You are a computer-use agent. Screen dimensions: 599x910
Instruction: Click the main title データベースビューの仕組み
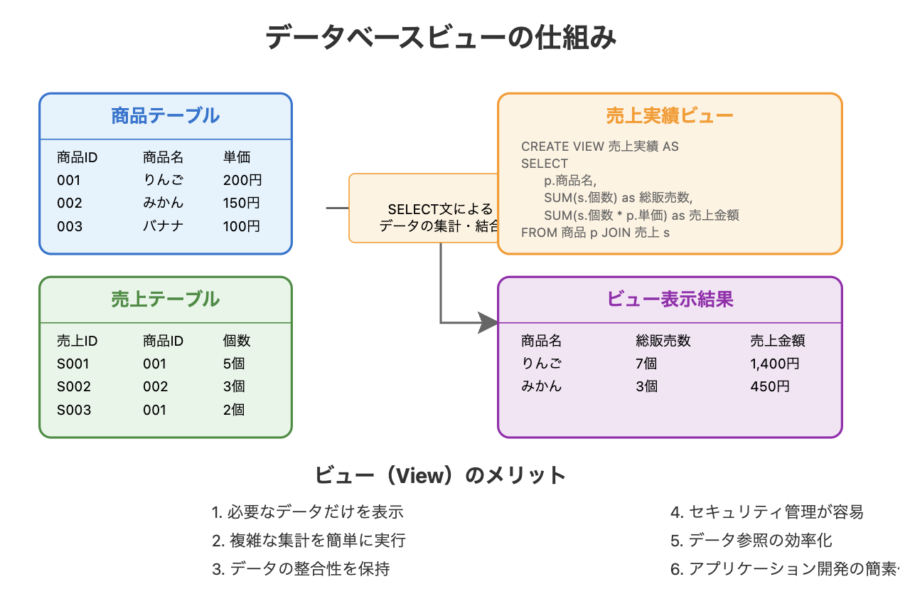coord(441,37)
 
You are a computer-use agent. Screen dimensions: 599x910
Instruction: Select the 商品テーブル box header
coord(165,115)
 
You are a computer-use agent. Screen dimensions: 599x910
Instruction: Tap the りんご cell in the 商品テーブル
coord(163,180)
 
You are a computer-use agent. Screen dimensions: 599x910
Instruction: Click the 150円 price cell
coord(242,203)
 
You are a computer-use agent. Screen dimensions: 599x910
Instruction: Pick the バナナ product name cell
coord(163,226)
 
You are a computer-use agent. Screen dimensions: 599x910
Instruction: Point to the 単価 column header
coord(237,157)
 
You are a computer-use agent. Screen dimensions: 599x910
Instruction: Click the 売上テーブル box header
coord(165,299)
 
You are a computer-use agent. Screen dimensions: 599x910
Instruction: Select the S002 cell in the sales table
coord(74,386)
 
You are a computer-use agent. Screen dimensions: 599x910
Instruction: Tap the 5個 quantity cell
coord(234,364)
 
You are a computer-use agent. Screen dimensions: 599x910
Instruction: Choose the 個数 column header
coord(237,341)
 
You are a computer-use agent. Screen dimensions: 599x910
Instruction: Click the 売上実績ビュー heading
coord(669,115)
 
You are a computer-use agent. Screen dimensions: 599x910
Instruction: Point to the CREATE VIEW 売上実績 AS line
coord(599,147)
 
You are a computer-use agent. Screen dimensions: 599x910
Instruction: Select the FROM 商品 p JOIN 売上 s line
coord(595,232)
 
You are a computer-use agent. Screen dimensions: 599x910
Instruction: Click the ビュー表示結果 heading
coord(669,299)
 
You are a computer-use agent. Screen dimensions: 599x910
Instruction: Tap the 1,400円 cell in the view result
coord(775,364)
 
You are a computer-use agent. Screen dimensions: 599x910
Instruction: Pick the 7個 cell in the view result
coord(646,364)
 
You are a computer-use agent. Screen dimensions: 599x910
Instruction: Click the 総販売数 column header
coord(663,341)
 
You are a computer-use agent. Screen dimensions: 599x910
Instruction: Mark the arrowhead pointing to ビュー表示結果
coord(489,322)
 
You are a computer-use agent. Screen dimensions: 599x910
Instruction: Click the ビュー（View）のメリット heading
coord(440,475)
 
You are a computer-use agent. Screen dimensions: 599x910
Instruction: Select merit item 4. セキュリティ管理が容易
coord(766,511)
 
